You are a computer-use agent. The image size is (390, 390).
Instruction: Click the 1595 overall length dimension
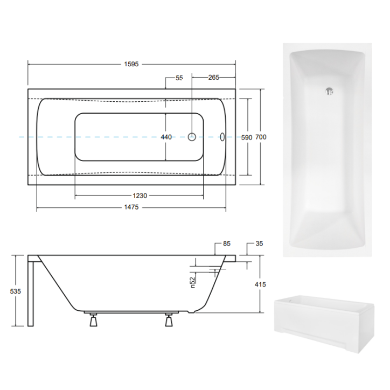131,64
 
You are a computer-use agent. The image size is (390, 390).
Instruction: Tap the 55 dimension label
179,78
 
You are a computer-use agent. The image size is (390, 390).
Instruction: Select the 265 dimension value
213,78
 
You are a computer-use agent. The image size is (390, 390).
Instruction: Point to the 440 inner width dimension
166,137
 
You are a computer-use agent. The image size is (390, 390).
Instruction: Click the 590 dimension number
247,137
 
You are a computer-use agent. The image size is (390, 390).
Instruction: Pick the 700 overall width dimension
261,137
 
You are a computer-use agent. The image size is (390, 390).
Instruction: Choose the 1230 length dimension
139,196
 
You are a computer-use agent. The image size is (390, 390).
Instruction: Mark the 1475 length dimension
131,208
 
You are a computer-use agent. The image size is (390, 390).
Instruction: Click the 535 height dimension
16,291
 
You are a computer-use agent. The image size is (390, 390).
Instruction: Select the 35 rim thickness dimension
259,243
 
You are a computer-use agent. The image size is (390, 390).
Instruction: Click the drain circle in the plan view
192,137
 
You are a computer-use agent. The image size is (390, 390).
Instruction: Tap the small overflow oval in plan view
224,137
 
